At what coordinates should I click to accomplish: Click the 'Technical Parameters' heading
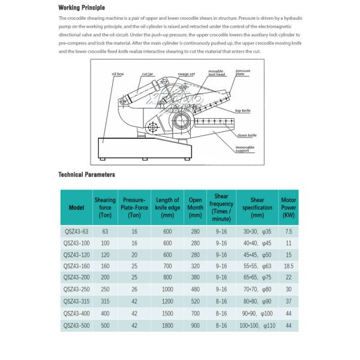click(x=86, y=175)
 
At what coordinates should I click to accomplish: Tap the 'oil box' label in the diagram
click(x=118, y=73)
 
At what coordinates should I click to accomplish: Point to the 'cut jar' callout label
click(x=148, y=74)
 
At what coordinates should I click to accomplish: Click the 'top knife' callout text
click(x=242, y=111)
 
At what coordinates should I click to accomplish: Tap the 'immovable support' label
click(x=243, y=149)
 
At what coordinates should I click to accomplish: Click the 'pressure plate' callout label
click(x=243, y=73)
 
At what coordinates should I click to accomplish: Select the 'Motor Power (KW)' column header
click(x=289, y=208)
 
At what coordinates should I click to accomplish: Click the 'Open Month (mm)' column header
click(x=195, y=208)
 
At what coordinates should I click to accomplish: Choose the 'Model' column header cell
click(x=76, y=208)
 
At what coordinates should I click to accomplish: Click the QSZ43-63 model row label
click(x=76, y=231)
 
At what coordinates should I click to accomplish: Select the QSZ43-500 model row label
click(x=76, y=326)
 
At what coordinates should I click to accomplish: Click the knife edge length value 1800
click(x=167, y=326)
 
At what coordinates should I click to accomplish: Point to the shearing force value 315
click(x=105, y=302)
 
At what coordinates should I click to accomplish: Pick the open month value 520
click(x=195, y=302)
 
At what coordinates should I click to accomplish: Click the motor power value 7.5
click(x=289, y=231)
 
